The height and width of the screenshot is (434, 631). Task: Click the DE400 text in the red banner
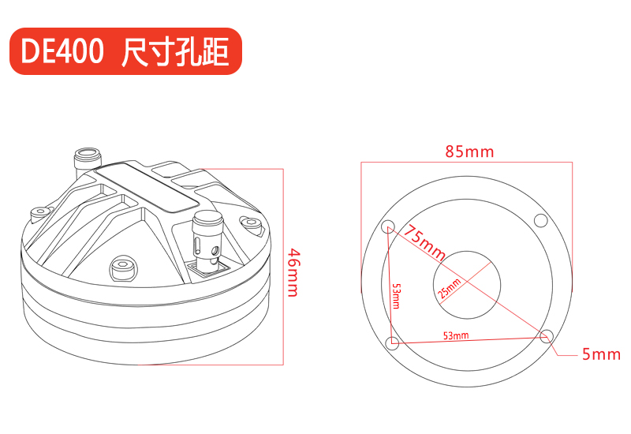[62, 51]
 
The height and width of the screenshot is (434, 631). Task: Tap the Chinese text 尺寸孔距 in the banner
[175, 51]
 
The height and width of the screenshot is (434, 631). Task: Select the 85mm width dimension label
[469, 152]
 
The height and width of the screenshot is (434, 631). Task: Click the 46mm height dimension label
[293, 272]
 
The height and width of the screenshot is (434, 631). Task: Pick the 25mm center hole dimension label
[449, 288]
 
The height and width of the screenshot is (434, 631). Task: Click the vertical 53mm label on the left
[397, 296]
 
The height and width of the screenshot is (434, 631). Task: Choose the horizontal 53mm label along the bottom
[456, 335]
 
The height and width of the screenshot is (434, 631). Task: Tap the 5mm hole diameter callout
[601, 354]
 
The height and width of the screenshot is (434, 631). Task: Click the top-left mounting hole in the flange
[388, 225]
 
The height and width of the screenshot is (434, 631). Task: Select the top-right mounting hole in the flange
[540, 221]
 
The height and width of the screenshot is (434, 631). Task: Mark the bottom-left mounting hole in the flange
[392, 343]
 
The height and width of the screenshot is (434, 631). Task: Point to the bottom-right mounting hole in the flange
[546, 336]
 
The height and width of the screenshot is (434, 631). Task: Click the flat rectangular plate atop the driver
[147, 187]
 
